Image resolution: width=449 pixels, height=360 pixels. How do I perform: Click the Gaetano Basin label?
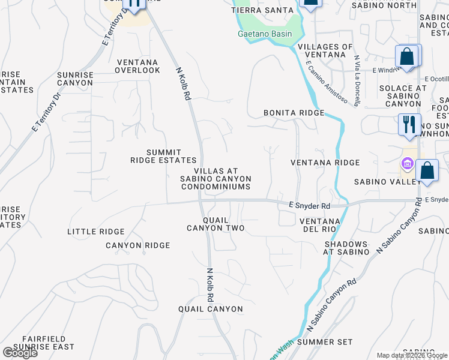point(264,34)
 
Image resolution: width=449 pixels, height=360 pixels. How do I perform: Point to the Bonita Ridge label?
point(294,113)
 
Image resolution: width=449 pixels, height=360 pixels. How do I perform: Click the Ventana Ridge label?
point(325,163)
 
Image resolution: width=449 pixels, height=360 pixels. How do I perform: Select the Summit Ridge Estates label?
point(164,156)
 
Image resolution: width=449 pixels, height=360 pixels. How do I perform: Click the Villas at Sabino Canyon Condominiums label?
point(216,179)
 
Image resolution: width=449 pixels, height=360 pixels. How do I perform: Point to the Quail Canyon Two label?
point(215,224)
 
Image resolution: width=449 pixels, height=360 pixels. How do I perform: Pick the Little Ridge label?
point(96,232)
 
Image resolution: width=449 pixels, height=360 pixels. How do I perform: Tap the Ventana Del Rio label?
point(320,226)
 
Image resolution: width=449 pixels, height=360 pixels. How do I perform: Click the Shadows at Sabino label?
point(346,248)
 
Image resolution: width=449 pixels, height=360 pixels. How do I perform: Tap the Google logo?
point(19,352)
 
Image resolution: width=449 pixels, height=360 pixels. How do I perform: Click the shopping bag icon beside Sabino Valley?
point(427,170)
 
